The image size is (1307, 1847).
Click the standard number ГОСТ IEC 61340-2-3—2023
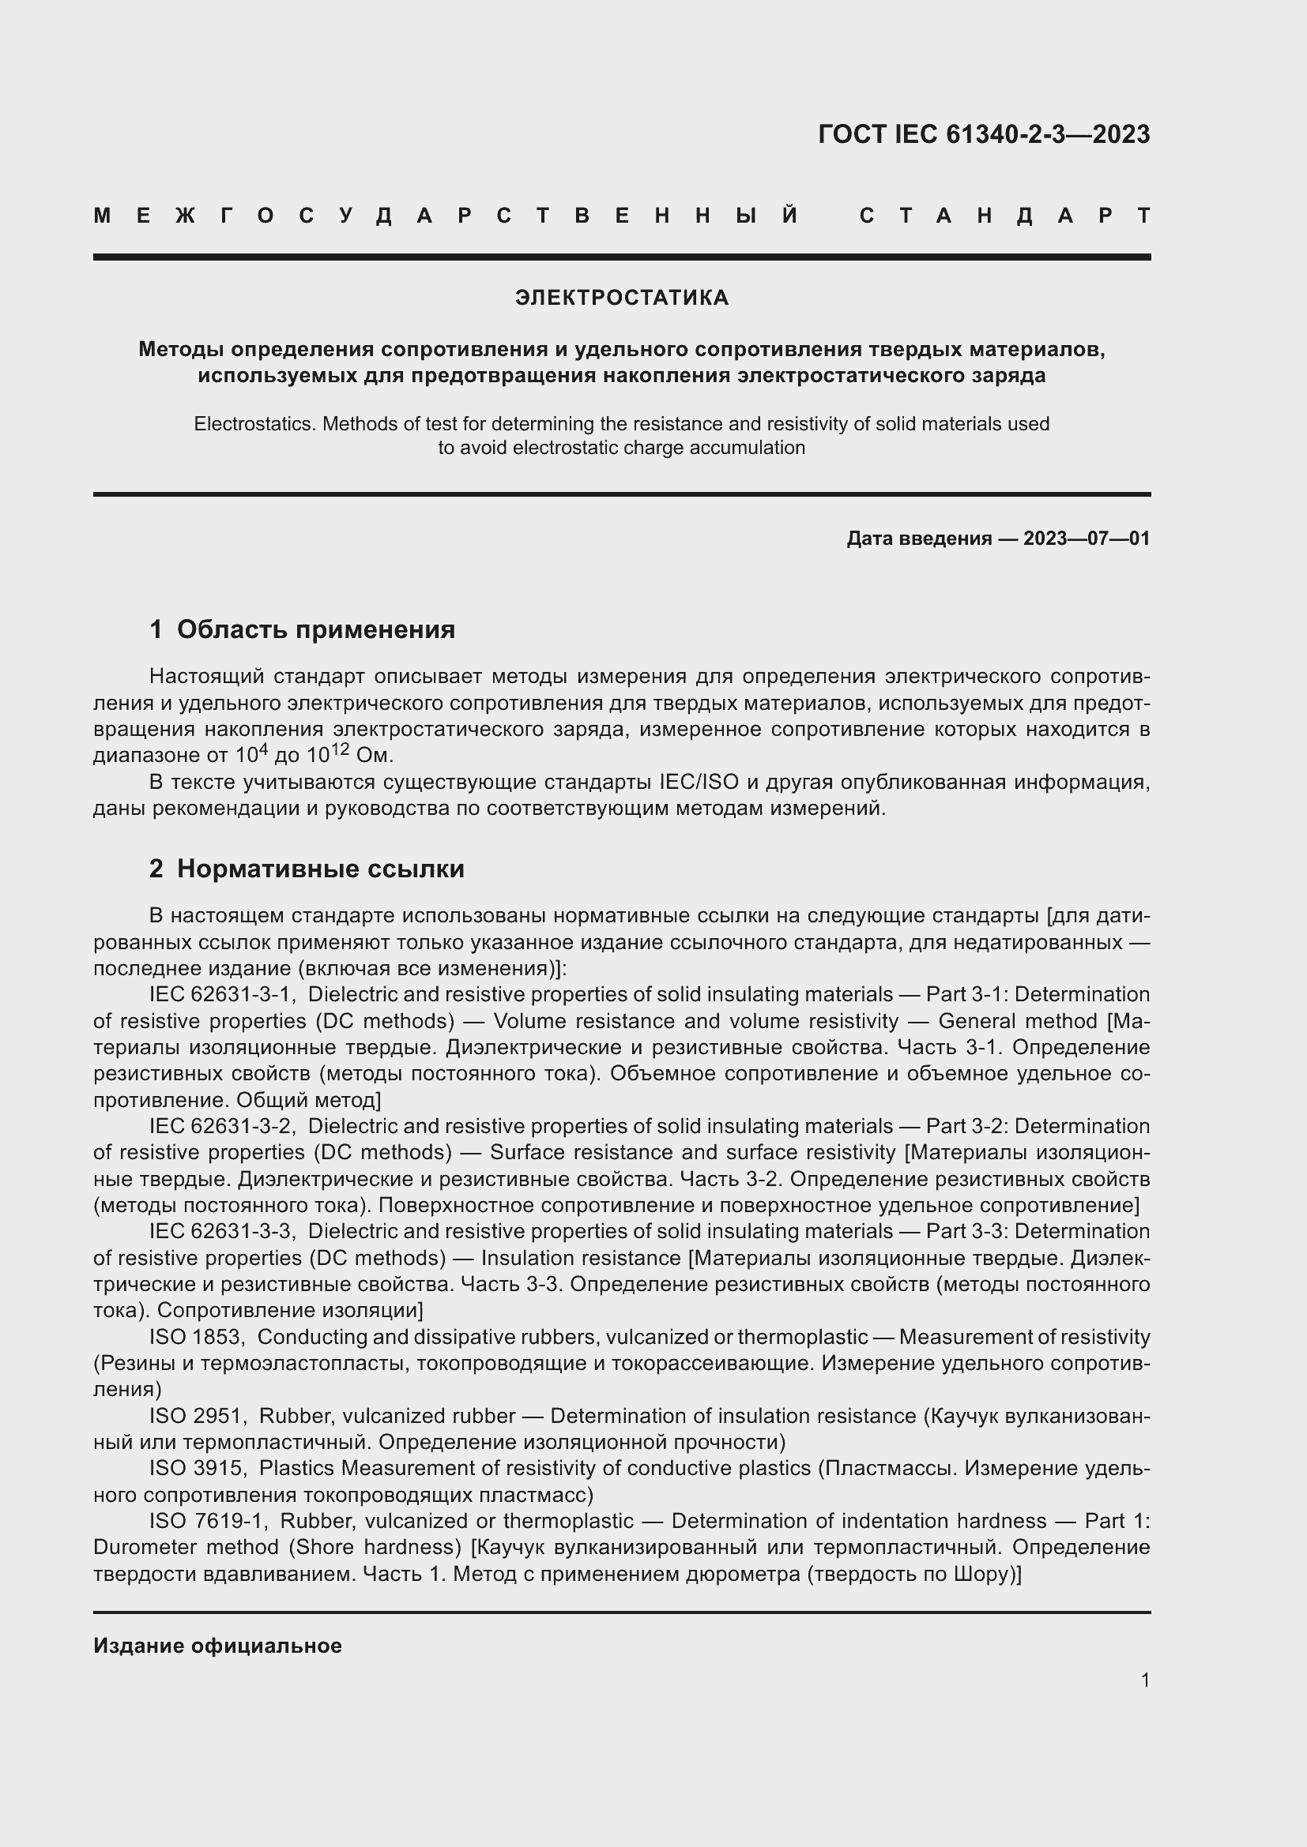coord(984,134)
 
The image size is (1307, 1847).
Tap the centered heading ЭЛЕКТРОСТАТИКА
coord(621,298)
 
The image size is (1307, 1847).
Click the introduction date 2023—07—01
coord(1086,539)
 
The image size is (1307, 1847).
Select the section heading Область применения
coord(315,629)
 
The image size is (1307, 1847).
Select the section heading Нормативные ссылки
coord(320,869)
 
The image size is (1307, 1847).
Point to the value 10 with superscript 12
coord(333,755)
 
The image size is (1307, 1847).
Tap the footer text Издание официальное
coord(217,1646)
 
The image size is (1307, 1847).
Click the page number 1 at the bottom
coord(1144,1680)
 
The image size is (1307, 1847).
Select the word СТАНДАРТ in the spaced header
coord(1004,216)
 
